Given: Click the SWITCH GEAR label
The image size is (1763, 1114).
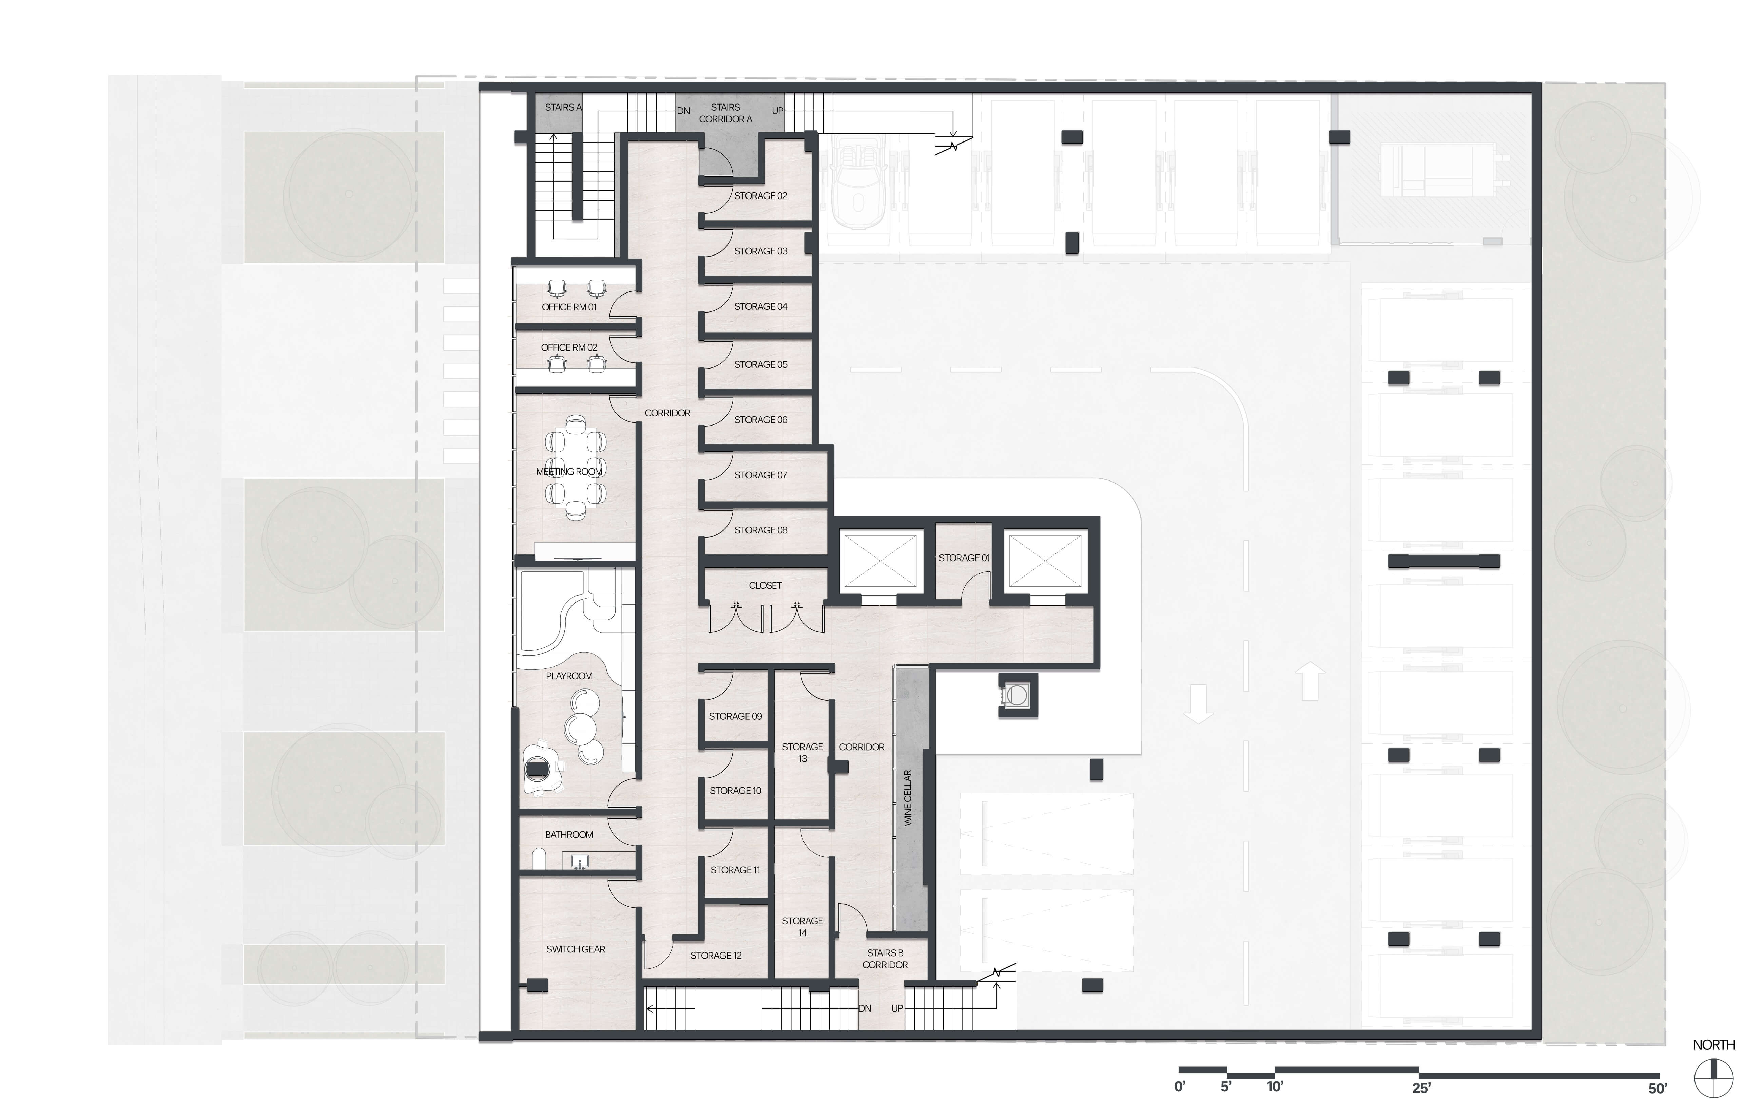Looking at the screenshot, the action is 576,949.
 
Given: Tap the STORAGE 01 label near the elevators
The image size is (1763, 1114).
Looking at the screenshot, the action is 964,558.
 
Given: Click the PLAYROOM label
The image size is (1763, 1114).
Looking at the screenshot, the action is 569,676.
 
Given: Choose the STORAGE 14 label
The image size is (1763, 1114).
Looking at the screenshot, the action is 802,926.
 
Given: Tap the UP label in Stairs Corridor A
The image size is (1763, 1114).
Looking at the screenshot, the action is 777,111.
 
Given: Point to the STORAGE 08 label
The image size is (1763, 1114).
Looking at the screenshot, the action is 761,530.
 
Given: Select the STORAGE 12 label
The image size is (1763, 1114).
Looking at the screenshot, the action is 716,956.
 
